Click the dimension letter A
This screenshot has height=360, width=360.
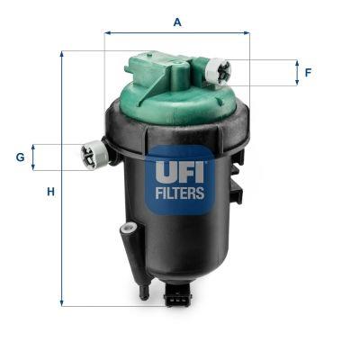pyautogui.click(x=176, y=22)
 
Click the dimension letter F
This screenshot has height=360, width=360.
pyautogui.click(x=308, y=72)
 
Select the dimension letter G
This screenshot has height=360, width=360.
pyautogui.click(x=20, y=157)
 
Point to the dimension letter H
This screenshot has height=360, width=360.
pyautogui.click(x=51, y=192)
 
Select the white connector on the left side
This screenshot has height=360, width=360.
pyautogui.click(x=94, y=154)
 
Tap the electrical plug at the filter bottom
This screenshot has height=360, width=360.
pyautogui.click(x=178, y=298)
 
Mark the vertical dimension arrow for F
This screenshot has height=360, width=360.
pyautogui.click(x=296, y=73)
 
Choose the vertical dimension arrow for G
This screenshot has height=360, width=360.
pyautogui.click(x=33, y=157)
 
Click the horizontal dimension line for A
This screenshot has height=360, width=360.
pyautogui.click(x=176, y=33)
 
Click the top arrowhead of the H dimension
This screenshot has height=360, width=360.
pyautogui.click(x=62, y=54)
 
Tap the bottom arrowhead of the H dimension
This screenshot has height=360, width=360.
pyautogui.click(x=62, y=302)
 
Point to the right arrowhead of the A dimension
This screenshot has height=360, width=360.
pyautogui.click(x=246, y=33)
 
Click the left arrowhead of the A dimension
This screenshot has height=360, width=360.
pyautogui.click(x=108, y=33)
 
